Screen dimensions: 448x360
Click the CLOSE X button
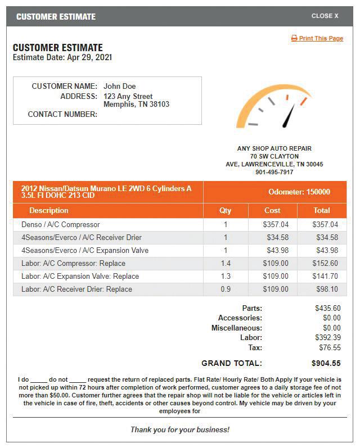coord(325,16)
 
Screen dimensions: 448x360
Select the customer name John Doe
coord(119,86)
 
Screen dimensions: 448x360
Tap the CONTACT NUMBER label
coord(62,114)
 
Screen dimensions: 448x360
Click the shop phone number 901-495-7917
coord(274,172)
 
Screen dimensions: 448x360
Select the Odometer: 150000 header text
coord(299,192)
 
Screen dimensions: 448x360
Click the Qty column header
coord(225,210)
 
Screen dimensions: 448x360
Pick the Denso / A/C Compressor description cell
coord(61,224)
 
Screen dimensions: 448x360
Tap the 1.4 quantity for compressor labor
coord(225,263)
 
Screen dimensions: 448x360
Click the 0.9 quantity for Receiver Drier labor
coord(225,289)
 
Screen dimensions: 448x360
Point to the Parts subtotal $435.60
coord(327,308)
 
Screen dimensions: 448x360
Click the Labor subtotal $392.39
coord(327,337)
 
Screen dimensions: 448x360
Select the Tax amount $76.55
coord(329,347)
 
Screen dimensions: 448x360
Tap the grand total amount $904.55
coord(326,363)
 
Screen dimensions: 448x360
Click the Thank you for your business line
coord(180,429)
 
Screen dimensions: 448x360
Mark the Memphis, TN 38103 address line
coord(136,104)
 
